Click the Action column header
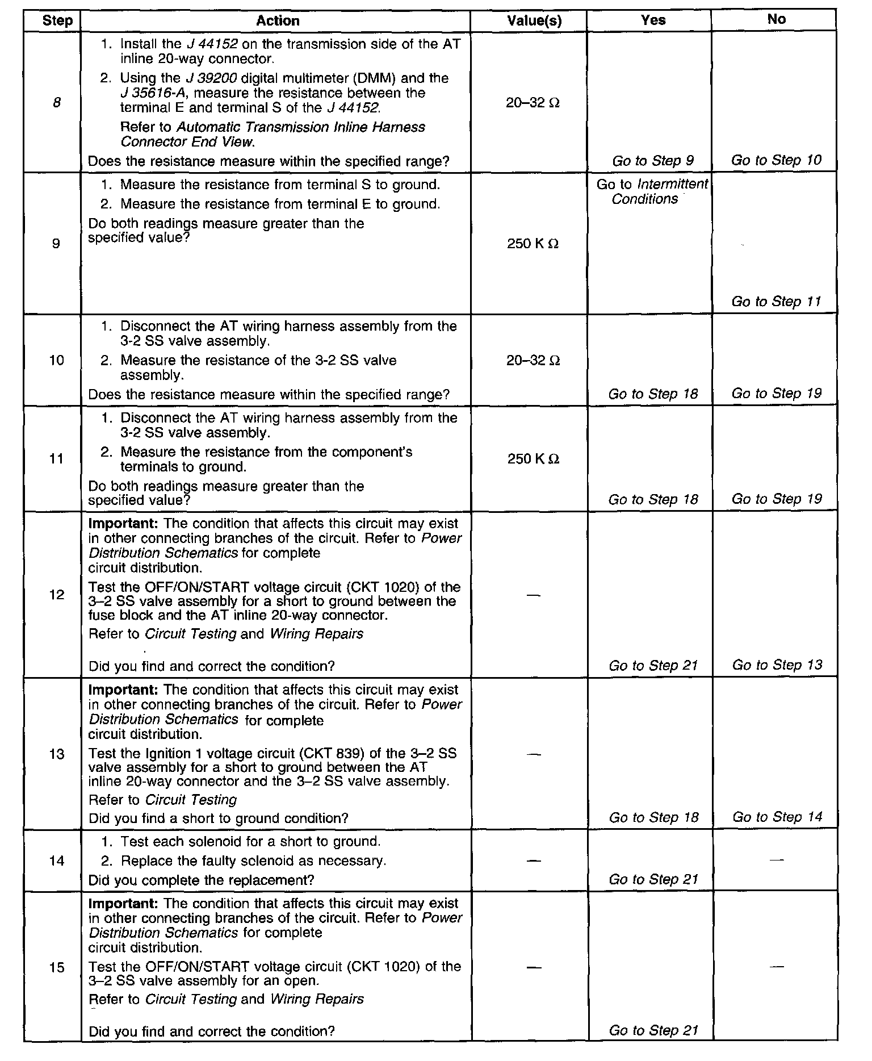pos(277,21)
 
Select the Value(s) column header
pos(534,21)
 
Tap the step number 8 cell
pos(57,103)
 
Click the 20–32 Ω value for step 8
pos(533,103)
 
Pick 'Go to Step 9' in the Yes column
pos(653,161)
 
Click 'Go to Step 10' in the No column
pos(776,160)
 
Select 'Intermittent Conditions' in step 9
pos(653,191)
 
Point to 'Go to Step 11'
pos(776,301)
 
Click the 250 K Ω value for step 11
pos(533,458)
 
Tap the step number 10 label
pos(57,360)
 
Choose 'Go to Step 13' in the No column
pos(777,665)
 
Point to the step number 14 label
pos(57,861)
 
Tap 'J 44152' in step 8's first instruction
pos(209,44)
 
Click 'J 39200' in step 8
pos(213,78)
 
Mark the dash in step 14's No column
pos(776,861)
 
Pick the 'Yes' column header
pos(653,20)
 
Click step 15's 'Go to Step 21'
pos(653,1030)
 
